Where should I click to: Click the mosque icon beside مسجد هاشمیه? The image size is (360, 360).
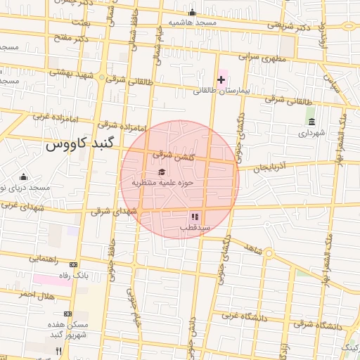(193, 13)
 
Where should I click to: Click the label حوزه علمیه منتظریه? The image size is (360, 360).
(162, 183)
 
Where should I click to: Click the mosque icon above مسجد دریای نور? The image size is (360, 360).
(24, 176)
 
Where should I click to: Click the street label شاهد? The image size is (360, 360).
(251, 247)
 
